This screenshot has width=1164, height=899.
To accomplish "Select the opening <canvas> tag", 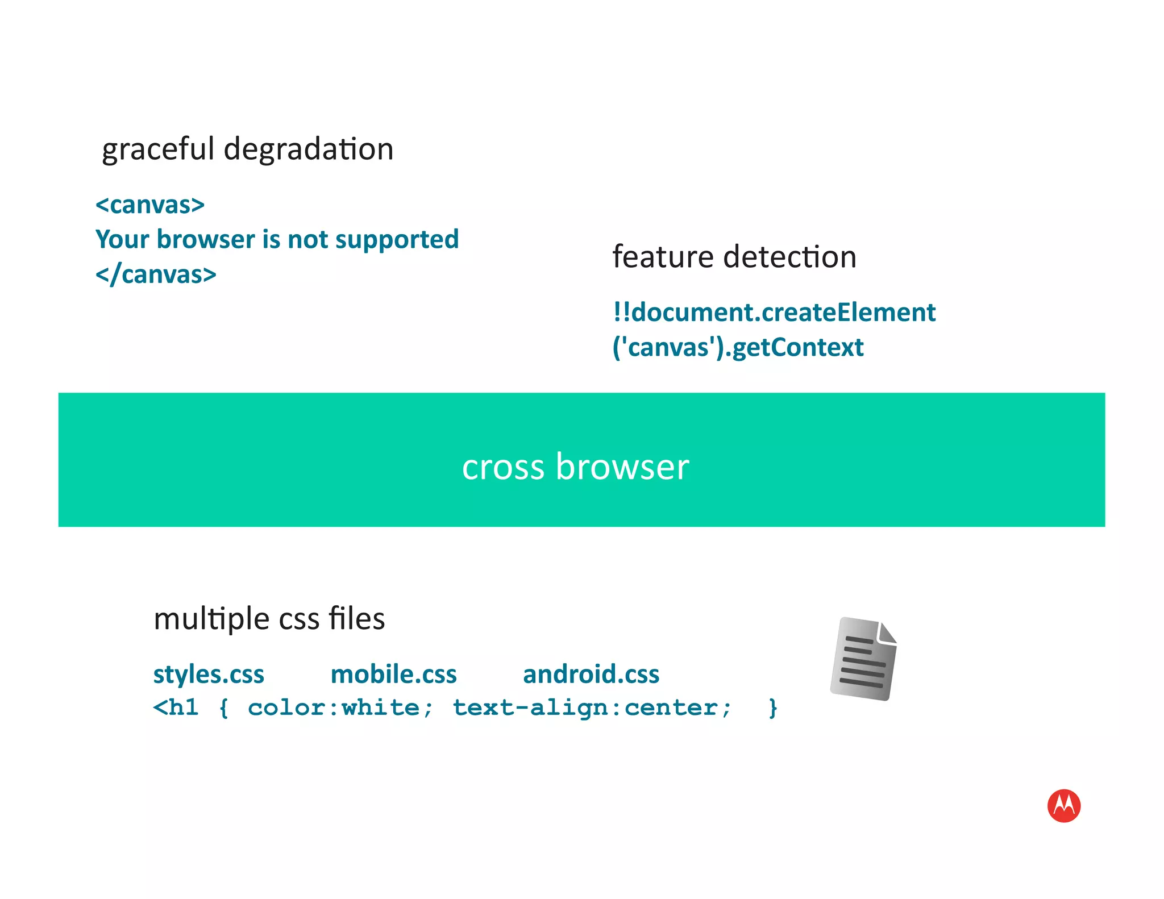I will pyautogui.click(x=150, y=205).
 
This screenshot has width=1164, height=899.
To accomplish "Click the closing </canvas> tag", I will pyautogui.click(x=156, y=275).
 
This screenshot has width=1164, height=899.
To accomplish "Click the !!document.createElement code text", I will pyautogui.click(x=774, y=313).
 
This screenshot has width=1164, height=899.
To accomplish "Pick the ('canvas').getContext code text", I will pyautogui.click(x=738, y=348).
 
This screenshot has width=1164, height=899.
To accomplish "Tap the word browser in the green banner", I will pyautogui.click(x=622, y=467).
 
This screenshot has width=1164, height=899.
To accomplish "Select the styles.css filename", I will pyautogui.click(x=209, y=675).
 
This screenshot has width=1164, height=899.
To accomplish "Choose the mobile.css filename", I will pyautogui.click(x=393, y=675).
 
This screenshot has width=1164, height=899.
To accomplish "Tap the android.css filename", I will pyautogui.click(x=591, y=675).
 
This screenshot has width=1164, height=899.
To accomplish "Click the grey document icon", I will pyautogui.click(x=863, y=659).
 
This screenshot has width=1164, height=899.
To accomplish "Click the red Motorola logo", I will pyautogui.click(x=1063, y=805).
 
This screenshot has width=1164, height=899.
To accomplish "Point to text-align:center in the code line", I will pyautogui.click(x=591, y=708).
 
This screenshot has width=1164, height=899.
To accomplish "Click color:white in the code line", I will pyautogui.click(x=340, y=708).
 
